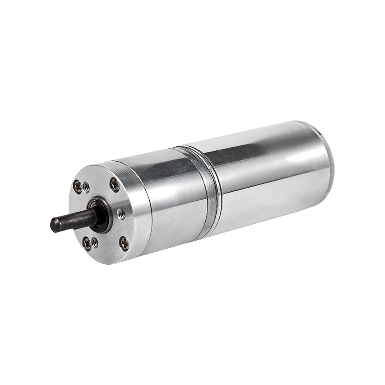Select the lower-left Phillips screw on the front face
click(87, 243)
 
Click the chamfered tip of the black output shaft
click(53, 224)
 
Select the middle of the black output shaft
click(72, 220)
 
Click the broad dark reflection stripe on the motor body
click(241, 159)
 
